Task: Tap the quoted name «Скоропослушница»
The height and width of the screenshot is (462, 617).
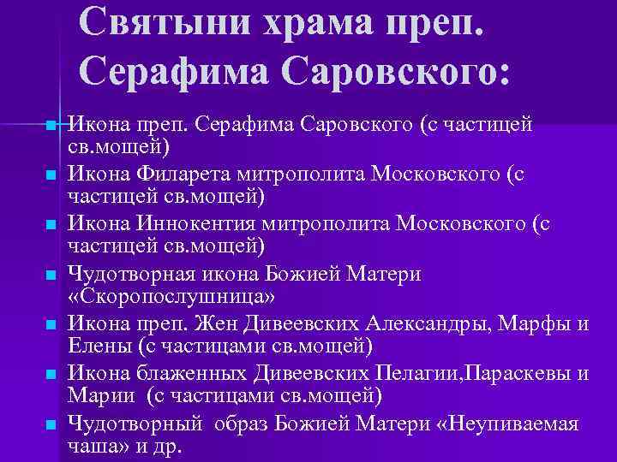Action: (x=172, y=297)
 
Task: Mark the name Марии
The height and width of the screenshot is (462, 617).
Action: (x=100, y=396)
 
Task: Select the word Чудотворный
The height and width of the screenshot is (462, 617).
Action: (x=135, y=423)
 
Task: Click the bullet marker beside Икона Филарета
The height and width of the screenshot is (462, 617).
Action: (x=51, y=175)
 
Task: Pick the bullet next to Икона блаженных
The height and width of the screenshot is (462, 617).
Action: (x=51, y=374)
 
